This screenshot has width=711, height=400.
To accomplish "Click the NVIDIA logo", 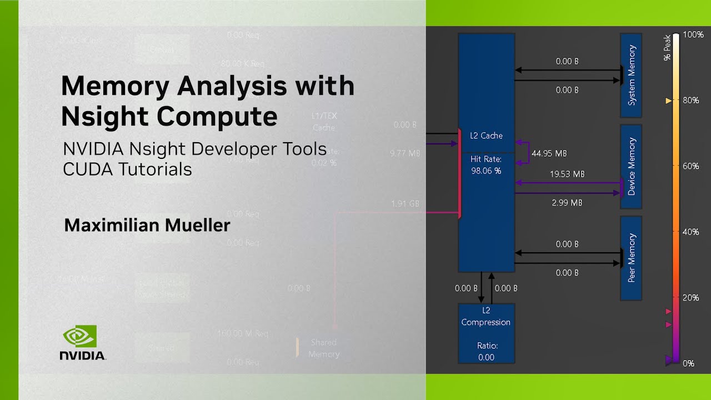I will click(x=83, y=342).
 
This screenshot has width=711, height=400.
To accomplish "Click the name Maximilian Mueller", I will click(x=147, y=225).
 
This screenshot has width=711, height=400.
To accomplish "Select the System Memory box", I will click(x=631, y=75).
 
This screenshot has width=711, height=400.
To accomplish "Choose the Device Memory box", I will click(x=631, y=166).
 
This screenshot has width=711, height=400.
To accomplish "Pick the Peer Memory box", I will click(x=631, y=258).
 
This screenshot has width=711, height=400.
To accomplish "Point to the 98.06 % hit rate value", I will click(x=486, y=171).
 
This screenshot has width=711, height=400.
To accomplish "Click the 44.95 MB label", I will click(x=549, y=153).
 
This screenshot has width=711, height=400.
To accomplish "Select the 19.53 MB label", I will click(x=567, y=174).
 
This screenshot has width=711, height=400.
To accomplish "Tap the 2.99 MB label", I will click(x=567, y=203).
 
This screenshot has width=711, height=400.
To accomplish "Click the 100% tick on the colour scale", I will click(x=693, y=34).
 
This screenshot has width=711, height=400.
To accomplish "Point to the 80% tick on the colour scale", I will click(x=690, y=101).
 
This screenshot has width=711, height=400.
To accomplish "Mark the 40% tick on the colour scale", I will click(x=690, y=232).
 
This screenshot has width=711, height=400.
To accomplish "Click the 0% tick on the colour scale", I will click(x=688, y=363).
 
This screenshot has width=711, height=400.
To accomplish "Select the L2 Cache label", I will click(x=486, y=136).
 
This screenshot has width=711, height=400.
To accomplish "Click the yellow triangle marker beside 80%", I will click(x=668, y=101).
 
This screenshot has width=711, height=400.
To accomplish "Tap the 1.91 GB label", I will click(x=405, y=204).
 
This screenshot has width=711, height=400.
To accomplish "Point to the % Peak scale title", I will click(x=668, y=47).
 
